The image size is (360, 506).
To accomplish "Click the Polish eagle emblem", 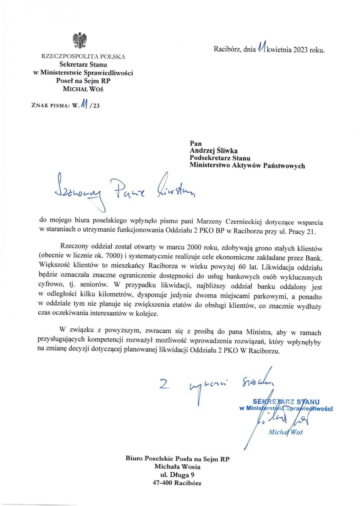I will click(80, 41).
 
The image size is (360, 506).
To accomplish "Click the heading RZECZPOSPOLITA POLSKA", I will click(83, 56).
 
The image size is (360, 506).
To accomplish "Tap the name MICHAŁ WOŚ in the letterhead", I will click(83, 89).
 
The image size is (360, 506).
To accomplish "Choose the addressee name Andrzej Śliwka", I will click(213, 151).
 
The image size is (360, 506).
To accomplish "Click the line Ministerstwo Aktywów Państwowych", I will click(247, 165).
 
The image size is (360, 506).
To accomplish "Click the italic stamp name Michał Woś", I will click(286, 432).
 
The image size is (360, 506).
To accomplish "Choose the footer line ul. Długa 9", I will click(177, 475).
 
